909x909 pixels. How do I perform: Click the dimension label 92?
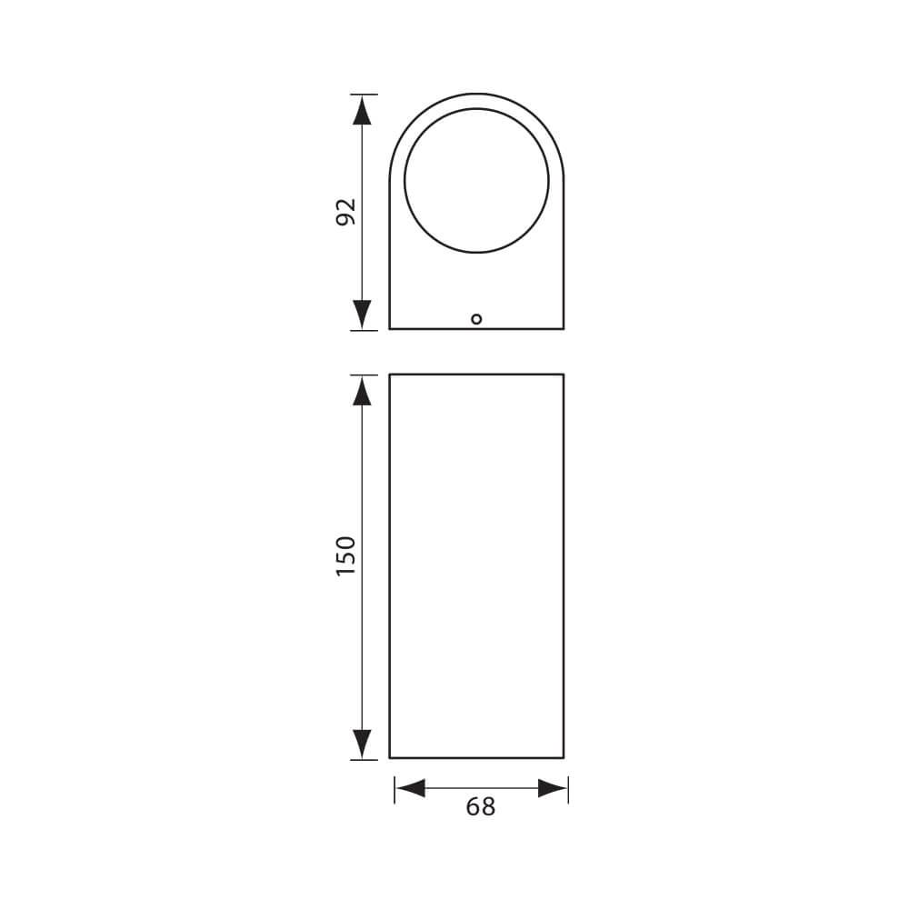[x=346, y=211]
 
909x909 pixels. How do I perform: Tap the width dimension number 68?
[x=481, y=806]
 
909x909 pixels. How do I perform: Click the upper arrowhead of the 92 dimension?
[x=363, y=110]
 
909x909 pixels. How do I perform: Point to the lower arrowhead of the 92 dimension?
[x=363, y=314]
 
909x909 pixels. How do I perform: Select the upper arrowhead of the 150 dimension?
[x=363, y=391]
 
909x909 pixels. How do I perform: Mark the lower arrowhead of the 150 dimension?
[x=363, y=743]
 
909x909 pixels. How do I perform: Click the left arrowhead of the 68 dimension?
[x=410, y=788]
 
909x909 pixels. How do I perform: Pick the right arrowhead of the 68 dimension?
[x=553, y=788]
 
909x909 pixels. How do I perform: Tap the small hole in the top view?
[x=476, y=318]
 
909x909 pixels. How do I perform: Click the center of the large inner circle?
[x=476, y=180]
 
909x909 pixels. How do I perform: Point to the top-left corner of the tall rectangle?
[x=390, y=375]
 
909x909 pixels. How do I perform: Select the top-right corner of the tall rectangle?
[x=564, y=375]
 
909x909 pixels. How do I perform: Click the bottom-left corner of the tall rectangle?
[x=390, y=757]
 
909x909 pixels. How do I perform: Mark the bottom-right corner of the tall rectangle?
[x=564, y=757]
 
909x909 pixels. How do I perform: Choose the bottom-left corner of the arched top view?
[x=390, y=328]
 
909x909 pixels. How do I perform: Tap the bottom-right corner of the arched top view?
[x=564, y=328]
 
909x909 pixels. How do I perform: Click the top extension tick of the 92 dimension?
[x=363, y=94]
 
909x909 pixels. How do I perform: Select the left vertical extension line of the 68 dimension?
[x=395, y=789]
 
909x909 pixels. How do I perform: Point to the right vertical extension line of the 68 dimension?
[x=568, y=789]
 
